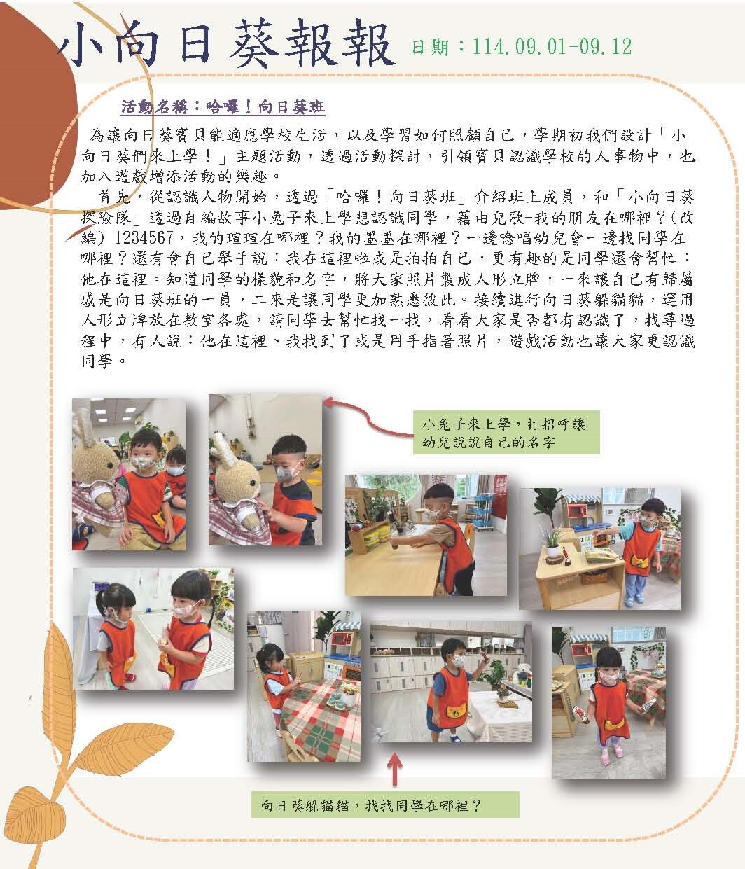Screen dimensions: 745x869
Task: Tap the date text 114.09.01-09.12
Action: pos(552,46)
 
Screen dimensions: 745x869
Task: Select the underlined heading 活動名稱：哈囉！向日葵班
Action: pos(223,107)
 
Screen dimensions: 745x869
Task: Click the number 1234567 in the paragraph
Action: pos(144,238)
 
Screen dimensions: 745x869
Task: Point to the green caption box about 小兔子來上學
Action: pos(506,432)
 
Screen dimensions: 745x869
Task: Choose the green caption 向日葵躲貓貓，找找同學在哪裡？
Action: pos(384,805)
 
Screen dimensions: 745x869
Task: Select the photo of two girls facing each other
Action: pos(153,629)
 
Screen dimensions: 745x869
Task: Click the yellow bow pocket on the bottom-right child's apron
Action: pos(614,724)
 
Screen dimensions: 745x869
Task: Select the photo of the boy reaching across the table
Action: pos(426,535)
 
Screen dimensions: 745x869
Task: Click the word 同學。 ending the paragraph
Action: pos(104,361)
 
